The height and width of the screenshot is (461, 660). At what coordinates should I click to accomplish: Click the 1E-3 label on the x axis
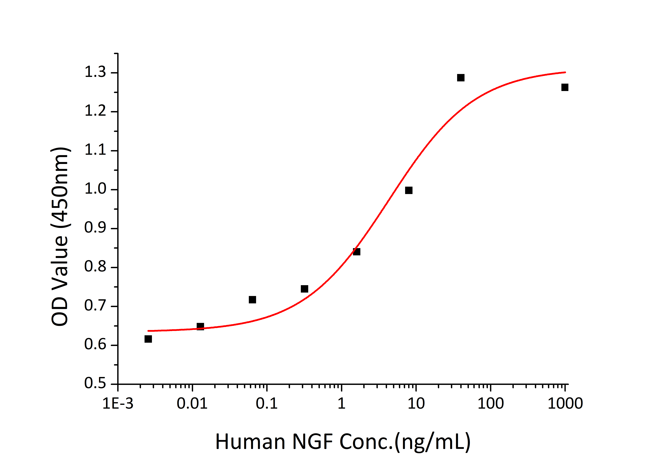(118, 403)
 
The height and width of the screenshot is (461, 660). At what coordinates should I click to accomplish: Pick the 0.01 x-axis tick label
(192, 403)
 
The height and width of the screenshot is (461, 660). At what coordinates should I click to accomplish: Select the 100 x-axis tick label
(490, 403)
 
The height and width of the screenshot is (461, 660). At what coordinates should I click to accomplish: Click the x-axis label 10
(416, 403)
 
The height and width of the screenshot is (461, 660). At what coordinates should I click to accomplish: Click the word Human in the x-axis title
(250, 442)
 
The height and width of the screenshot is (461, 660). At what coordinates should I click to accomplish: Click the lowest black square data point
(148, 339)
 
